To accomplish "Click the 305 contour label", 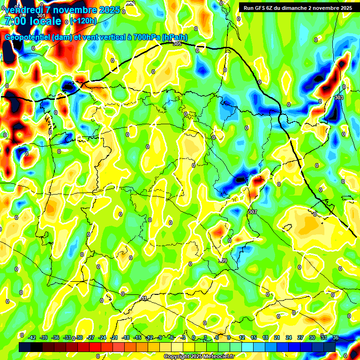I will coord(177,44).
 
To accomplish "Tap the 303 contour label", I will coord(339,97).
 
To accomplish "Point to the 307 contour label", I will coord(252,212).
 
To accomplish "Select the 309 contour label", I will coord(223,261).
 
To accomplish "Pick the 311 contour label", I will coord(143,298).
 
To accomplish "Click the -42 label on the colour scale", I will coord(32,337).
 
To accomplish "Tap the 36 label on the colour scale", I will coord(335,337).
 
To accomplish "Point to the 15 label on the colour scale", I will coord(253,337).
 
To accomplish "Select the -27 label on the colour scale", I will coord(91,337).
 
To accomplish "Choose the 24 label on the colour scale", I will coord(288,337).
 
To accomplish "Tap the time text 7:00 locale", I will coord(33,21).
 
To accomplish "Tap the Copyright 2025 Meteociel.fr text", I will coord(199,356).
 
